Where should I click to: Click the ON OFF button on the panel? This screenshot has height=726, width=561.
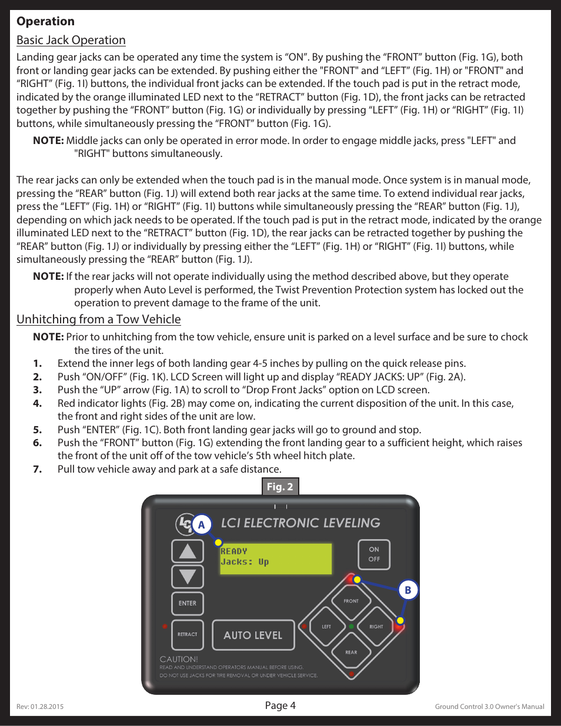pyautogui.click(x=374, y=554)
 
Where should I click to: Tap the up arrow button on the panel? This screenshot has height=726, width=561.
pyautogui.click(x=188, y=551)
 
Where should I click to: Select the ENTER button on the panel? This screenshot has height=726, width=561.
pyautogui.click(x=188, y=603)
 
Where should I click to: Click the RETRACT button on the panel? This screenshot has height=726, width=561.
pyautogui.click(x=188, y=634)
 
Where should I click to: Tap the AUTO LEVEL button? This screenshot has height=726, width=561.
pyautogui.click(x=253, y=635)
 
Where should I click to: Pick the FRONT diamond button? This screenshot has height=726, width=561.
pyautogui.click(x=351, y=601)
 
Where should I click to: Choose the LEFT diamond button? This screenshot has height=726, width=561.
pyautogui.click(x=326, y=627)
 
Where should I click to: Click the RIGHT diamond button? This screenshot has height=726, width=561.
pyautogui.click(x=376, y=627)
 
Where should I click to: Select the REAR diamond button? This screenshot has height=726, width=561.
pyautogui.click(x=351, y=652)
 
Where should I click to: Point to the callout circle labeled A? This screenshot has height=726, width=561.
pyautogui.click(x=201, y=524)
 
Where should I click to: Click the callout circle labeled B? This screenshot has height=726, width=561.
pyautogui.click(x=408, y=590)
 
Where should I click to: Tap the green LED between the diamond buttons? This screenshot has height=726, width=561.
pyautogui.click(x=351, y=627)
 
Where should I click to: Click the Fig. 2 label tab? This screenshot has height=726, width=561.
pyautogui.click(x=280, y=487)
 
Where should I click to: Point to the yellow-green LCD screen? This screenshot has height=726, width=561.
pyautogui.click(x=276, y=558)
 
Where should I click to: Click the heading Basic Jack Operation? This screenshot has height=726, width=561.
pyautogui.click(x=71, y=40)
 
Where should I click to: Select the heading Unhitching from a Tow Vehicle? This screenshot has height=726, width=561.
pyautogui.click(x=99, y=319)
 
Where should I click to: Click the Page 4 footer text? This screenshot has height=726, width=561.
pyautogui.click(x=280, y=705)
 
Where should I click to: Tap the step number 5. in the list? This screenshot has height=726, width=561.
pyautogui.click(x=38, y=430)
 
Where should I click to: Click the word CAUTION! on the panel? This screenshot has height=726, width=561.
pyautogui.click(x=179, y=659)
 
